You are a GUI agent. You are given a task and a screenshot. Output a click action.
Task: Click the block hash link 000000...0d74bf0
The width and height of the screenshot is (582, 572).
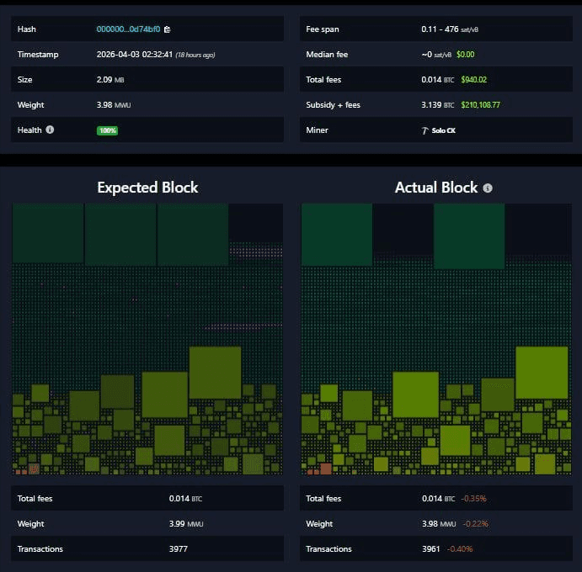(128, 29)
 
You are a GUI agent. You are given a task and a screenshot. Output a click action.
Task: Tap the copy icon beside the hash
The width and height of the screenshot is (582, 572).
(168, 29)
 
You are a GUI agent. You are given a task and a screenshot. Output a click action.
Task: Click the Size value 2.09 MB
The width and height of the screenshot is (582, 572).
(109, 80)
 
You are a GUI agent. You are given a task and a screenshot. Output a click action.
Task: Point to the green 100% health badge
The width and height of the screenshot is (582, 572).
(107, 130)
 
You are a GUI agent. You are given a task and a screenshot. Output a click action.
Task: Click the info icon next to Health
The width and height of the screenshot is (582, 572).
(50, 130)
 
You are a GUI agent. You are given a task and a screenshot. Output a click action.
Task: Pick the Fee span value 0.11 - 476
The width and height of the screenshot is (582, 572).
(440, 29)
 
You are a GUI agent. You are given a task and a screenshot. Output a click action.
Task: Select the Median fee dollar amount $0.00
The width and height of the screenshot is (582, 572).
(466, 55)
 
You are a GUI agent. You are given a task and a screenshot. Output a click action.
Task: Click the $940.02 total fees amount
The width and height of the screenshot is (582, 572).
(472, 80)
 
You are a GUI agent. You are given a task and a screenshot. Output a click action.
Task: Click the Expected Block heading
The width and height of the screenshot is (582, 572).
(147, 187)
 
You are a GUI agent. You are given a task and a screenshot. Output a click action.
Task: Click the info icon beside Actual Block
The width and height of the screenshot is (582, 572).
(488, 188)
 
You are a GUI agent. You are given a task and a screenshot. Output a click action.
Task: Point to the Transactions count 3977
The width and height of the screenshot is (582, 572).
(179, 549)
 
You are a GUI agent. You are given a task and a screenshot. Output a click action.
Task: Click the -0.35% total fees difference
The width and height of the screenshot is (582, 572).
(473, 499)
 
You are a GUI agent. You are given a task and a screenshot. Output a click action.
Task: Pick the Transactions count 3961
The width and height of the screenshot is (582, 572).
(431, 549)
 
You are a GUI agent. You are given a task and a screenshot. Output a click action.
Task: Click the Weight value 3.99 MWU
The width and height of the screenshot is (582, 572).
(185, 524)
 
